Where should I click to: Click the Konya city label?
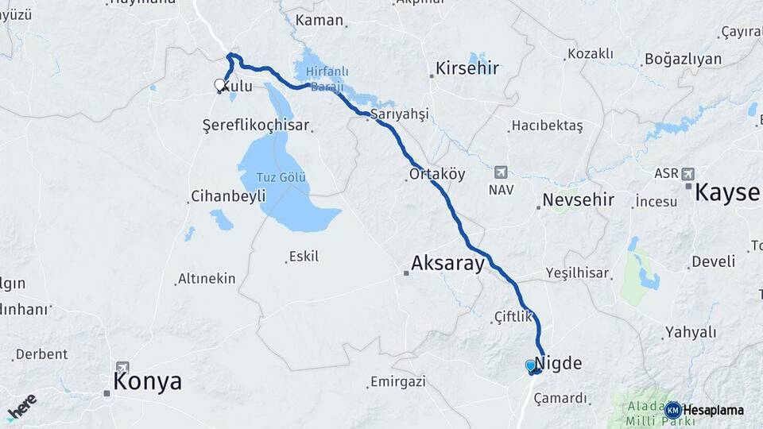click(x=147, y=381)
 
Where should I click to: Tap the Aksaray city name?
click(x=447, y=264)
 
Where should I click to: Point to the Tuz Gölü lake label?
click(x=282, y=177)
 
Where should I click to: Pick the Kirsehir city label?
click(x=467, y=68)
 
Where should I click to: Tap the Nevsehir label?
click(x=578, y=199)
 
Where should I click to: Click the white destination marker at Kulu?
click(x=219, y=85)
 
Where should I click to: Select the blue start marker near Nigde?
click(x=531, y=365)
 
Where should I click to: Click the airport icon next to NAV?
click(x=500, y=172)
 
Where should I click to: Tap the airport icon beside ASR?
click(x=687, y=173)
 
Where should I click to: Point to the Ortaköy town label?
click(x=436, y=174)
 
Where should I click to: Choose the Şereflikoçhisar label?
click(x=255, y=126)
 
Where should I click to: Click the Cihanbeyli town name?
click(x=227, y=196)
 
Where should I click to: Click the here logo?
click(x=21, y=406)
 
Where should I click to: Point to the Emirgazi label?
click(x=400, y=382)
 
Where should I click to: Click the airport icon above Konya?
click(x=122, y=367)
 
